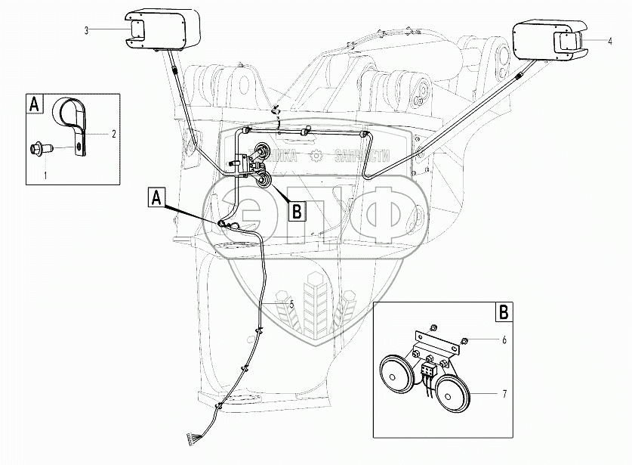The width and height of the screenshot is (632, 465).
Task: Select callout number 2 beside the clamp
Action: (x=113, y=134)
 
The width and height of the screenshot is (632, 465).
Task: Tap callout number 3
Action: (x=86, y=30)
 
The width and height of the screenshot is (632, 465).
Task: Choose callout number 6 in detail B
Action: (x=503, y=340)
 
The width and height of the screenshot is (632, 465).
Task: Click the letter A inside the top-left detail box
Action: (x=35, y=104)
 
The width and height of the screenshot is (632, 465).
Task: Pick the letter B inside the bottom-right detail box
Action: (x=501, y=311)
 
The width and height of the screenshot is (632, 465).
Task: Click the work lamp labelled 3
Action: (x=162, y=29)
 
